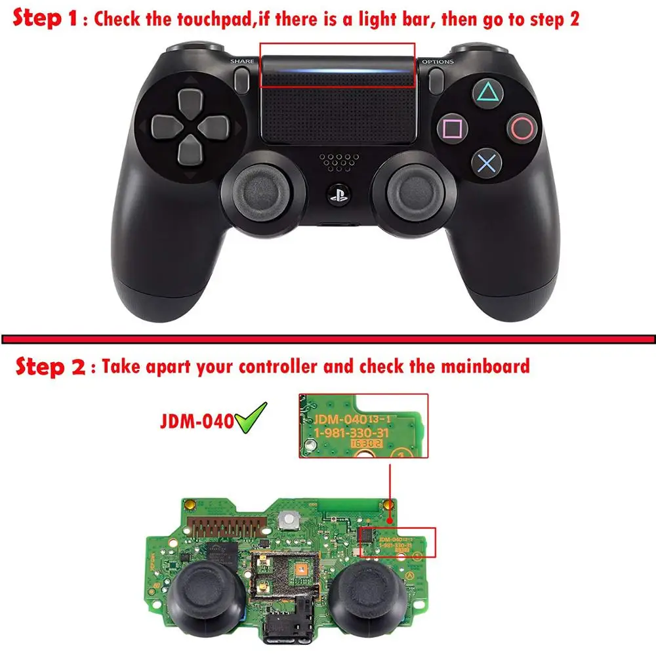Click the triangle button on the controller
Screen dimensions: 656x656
(485, 92)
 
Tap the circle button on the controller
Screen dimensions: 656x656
(522, 127)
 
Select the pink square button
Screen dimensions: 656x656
(450, 126)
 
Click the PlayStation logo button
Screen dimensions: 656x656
(337, 195)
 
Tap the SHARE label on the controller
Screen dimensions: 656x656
(241, 62)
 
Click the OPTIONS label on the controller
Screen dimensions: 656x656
(437, 62)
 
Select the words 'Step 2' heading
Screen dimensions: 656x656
(50, 366)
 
